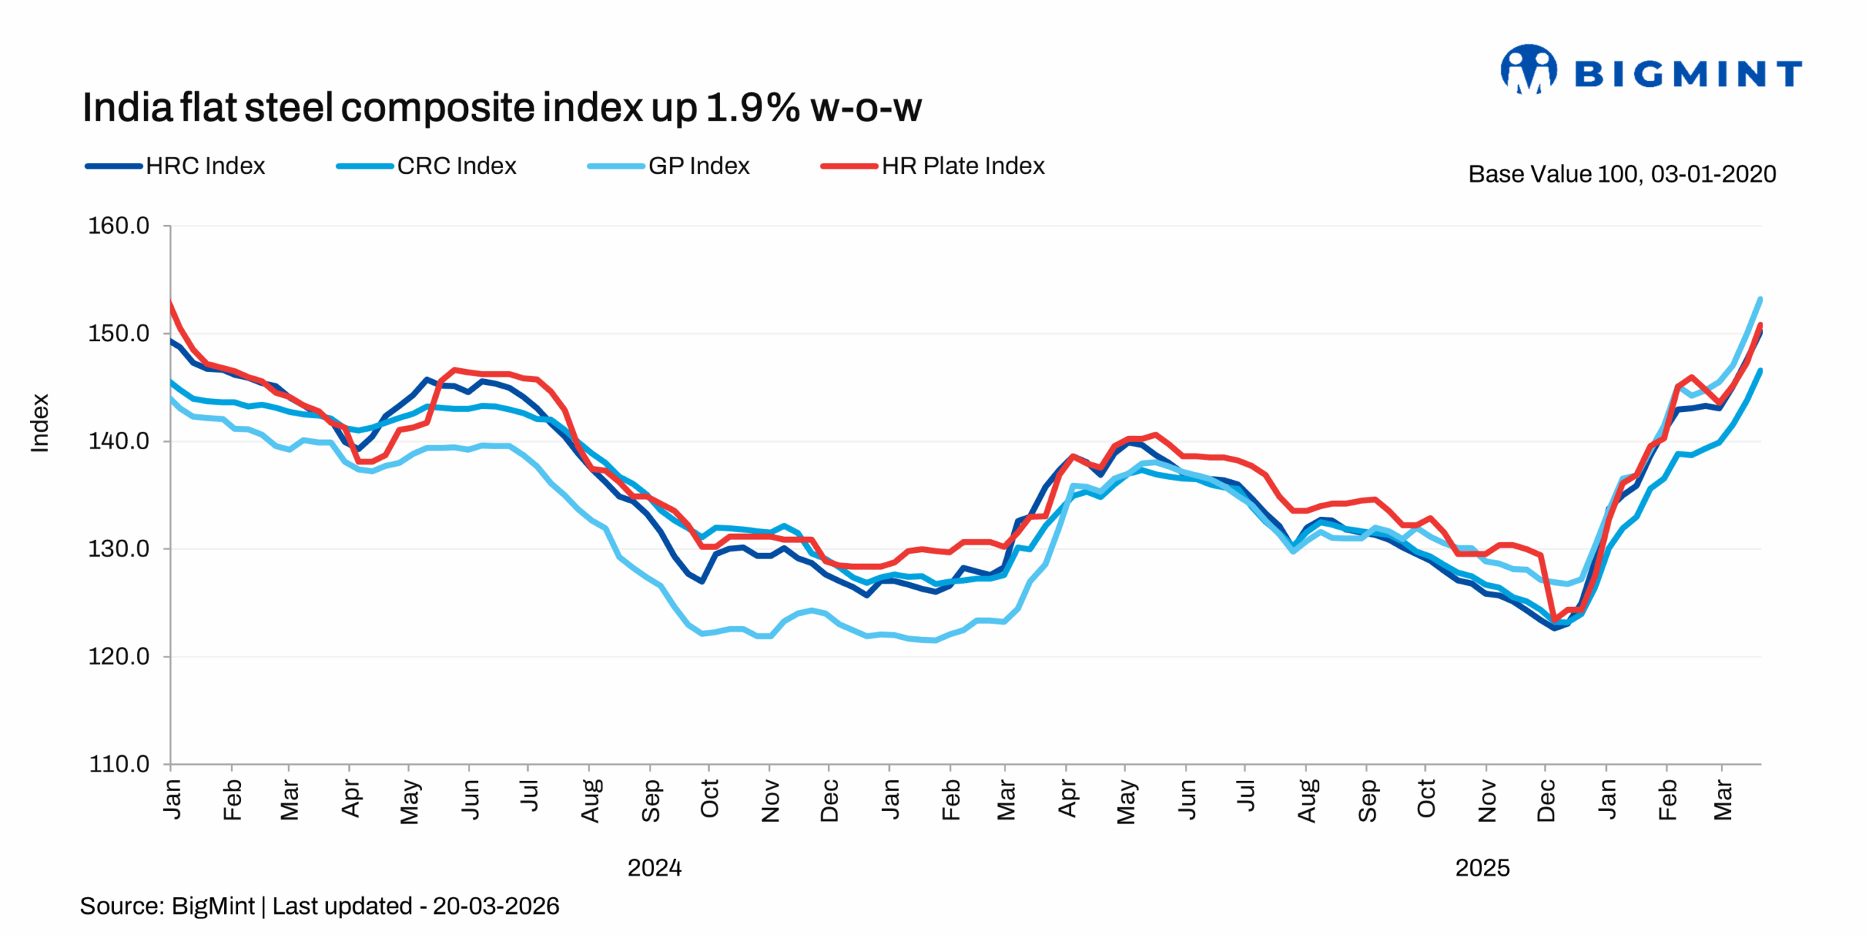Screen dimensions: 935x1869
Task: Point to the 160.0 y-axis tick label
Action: coord(118,226)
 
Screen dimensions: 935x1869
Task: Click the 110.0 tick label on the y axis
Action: coord(118,764)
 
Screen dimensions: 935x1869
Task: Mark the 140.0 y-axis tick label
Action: coord(118,441)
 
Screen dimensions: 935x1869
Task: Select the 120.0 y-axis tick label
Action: coord(118,657)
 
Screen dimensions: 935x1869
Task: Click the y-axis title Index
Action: coord(39,423)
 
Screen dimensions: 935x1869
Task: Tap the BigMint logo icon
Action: coord(1528,70)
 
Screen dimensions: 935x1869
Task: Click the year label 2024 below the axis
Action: coord(654,868)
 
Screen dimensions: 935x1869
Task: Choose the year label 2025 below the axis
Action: coord(1481,868)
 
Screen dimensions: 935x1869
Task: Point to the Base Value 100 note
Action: coord(1622,174)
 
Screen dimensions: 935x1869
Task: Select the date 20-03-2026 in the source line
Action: coord(496,906)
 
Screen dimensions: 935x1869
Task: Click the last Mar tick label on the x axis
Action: coord(1723,800)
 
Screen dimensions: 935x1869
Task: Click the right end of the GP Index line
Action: coord(1760,299)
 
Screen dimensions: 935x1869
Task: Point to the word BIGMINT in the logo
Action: coord(1687,75)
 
